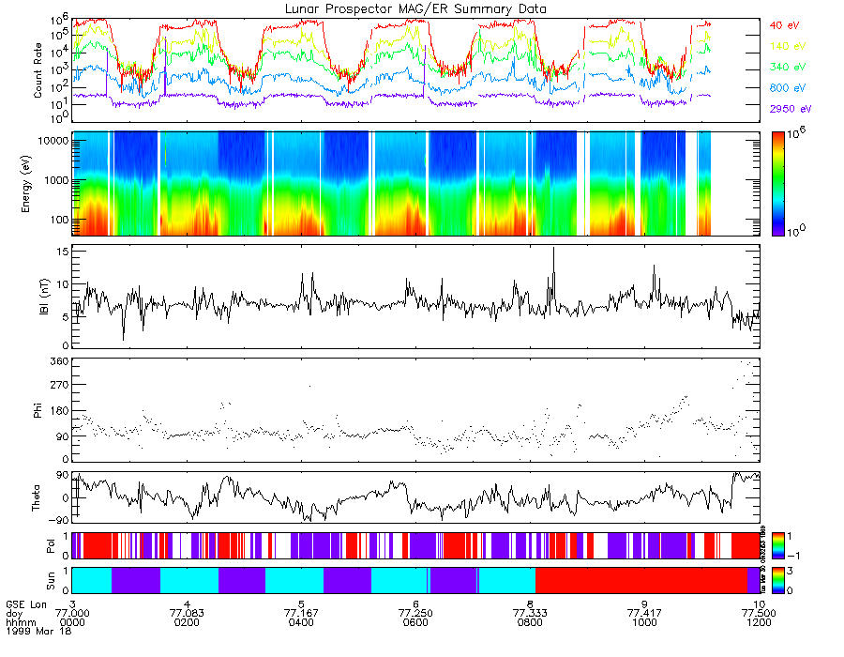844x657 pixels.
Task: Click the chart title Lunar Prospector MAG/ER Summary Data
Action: coord(415,8)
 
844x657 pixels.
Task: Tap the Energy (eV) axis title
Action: coord(38,184)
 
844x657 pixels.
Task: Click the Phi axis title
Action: coord(38,410)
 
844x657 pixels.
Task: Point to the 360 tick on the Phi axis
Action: coord(59,361)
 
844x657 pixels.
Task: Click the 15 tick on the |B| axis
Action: coord(61,252)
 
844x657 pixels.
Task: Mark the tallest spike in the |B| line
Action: coord(553,248)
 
